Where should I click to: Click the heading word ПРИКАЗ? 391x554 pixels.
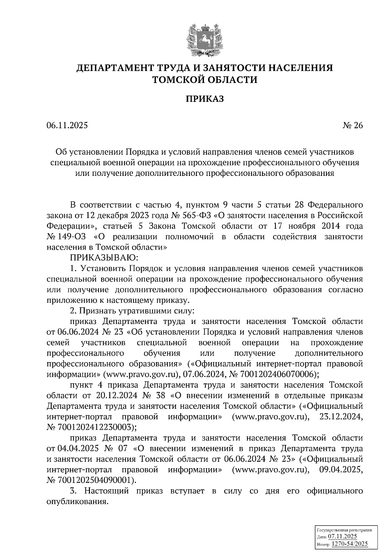click(x=205, y=99)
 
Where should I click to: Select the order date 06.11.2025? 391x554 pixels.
click(x=67, y=125)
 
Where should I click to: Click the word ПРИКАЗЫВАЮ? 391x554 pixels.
click(x=104, y=258)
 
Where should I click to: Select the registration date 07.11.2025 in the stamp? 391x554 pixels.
click(x=342, y=537)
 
